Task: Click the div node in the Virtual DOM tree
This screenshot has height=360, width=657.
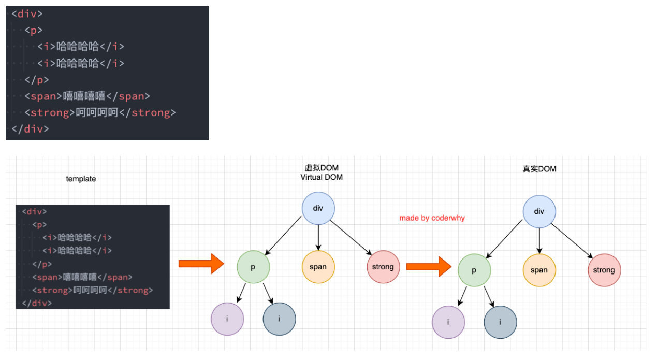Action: click(318, 208)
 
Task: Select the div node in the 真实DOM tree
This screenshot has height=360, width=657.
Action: click(539, 211)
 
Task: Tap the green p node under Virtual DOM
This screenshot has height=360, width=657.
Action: click(253, 267)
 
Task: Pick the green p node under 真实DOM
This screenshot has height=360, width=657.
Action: click(474, 270)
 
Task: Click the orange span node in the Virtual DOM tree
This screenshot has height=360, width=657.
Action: click(318, 267)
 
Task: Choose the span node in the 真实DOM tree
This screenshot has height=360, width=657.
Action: click(539, 270)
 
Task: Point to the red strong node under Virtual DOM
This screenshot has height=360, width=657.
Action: click(383, 267)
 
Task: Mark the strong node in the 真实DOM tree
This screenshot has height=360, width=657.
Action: click(604, 270)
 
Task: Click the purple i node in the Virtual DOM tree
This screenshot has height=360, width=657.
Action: click(227, 319)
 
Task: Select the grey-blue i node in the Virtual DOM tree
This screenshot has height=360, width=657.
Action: click(279, 319)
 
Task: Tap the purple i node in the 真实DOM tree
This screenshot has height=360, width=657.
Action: click(448, 322)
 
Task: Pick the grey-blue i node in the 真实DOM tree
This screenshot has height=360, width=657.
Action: click(500, 322)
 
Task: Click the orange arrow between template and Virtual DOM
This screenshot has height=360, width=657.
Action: click(201, 264)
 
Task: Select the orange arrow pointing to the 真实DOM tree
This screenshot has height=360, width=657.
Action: click(429, 267)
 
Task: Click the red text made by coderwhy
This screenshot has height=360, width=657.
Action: click(432, 218)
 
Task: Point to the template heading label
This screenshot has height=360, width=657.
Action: click(81, 179)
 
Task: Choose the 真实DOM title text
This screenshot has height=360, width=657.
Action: click(539, 169)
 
